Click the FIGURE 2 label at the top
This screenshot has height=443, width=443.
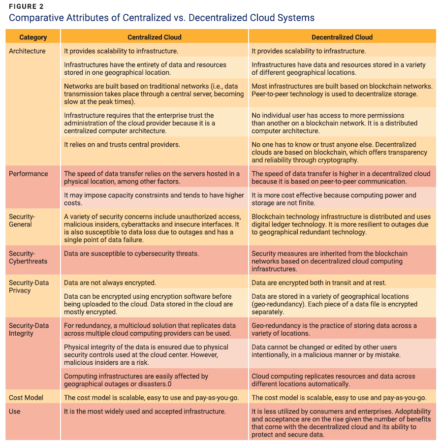[26, 6]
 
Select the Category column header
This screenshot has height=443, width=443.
[33, 37]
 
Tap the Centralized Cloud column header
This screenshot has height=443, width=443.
[155, 37]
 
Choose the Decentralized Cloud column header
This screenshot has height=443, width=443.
[342, 37]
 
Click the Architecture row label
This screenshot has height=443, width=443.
[27, 51]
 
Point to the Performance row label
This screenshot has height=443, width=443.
[29, 174]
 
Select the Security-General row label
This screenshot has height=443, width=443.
[22, 221]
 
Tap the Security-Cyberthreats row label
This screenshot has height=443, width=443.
[28, 257]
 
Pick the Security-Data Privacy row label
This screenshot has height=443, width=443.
[29, 286]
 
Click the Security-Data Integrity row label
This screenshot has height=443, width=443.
[29, 329]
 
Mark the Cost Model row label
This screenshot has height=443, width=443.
[26, 398]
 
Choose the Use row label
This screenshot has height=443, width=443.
[15, 411]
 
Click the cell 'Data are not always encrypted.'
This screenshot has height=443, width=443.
[110, 283]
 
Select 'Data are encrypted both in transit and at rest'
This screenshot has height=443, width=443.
[319, 283]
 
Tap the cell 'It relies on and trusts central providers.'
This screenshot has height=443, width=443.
[122, 145]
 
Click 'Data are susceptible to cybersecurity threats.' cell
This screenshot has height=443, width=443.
[131, 253]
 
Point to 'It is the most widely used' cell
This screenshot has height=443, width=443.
[145, 411]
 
